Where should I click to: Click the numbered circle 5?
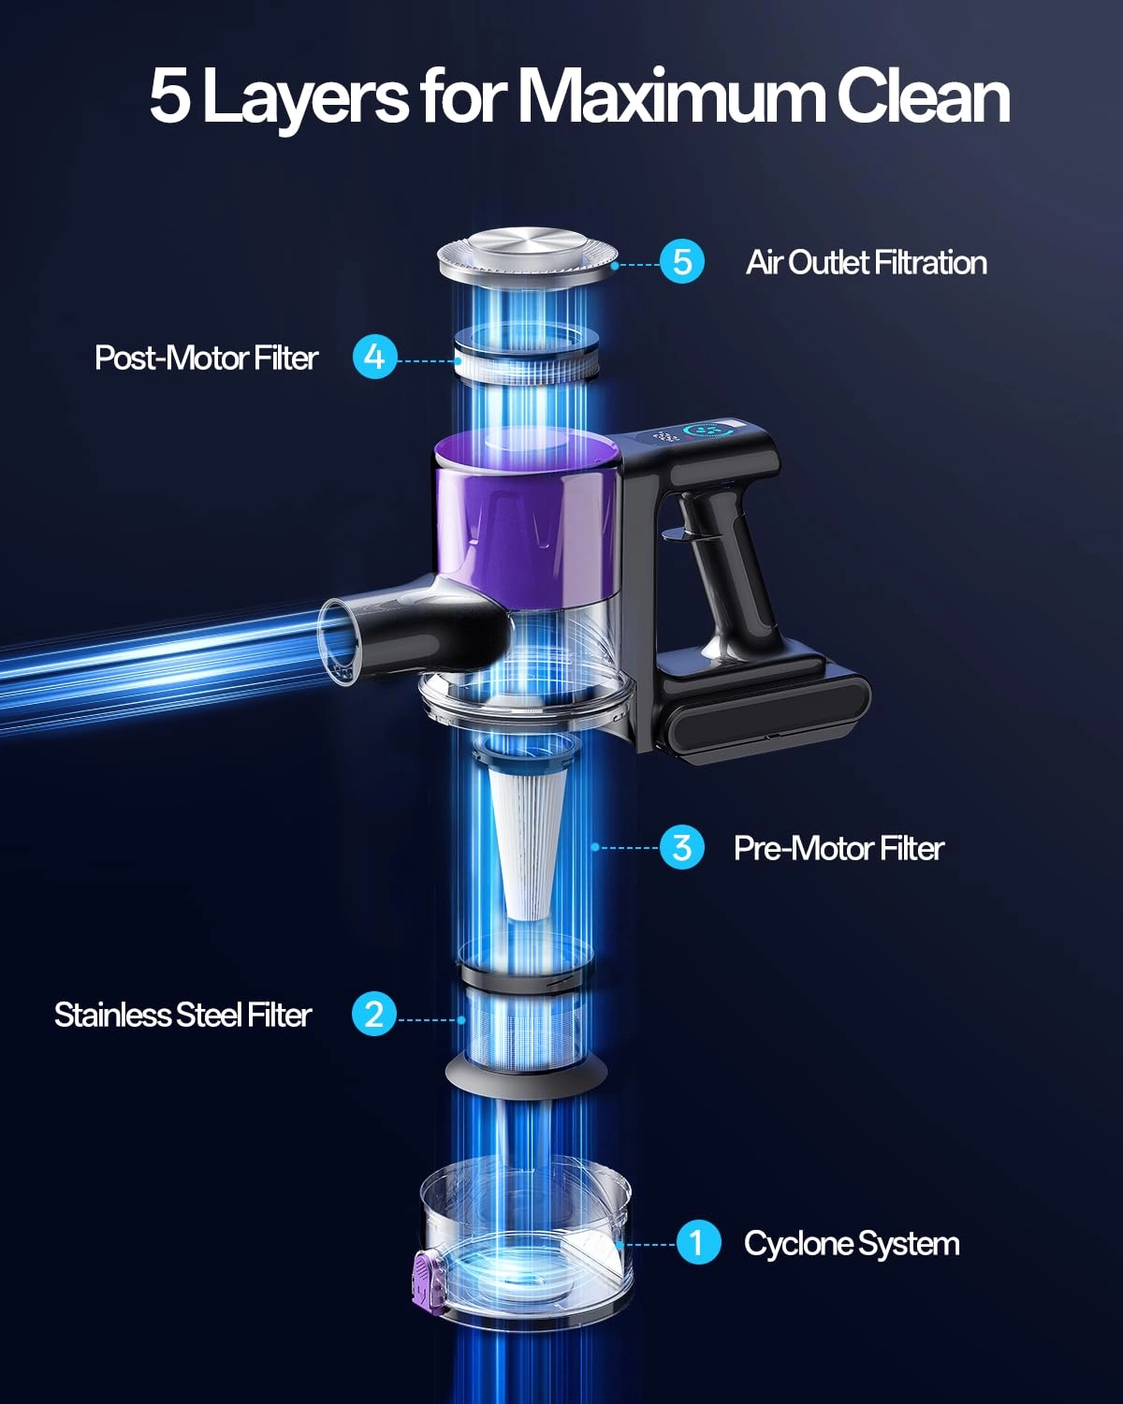pos(682,262)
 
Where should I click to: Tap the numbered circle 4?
pos(374,357)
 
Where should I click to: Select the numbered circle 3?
pos(682,847)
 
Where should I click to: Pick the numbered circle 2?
pos(374,1014)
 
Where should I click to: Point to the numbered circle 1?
pos(698,1242)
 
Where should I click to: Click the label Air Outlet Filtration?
pos(866,263)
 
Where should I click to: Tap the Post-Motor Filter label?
pos(206,358)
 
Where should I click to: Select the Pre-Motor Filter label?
pos(839,848)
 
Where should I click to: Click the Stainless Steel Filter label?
pos(182,1016)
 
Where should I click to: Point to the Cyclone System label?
pos(852,1244)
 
